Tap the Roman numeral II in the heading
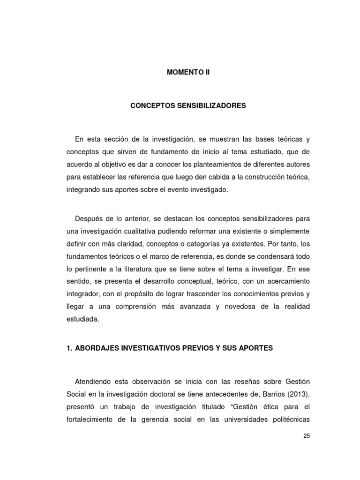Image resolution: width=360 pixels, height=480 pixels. tap(202, 73)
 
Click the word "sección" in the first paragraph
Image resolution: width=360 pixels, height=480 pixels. tap(112, 140)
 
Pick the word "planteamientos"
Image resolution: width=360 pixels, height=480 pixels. tap(217, 165)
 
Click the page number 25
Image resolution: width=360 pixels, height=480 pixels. tap(307, 436)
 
